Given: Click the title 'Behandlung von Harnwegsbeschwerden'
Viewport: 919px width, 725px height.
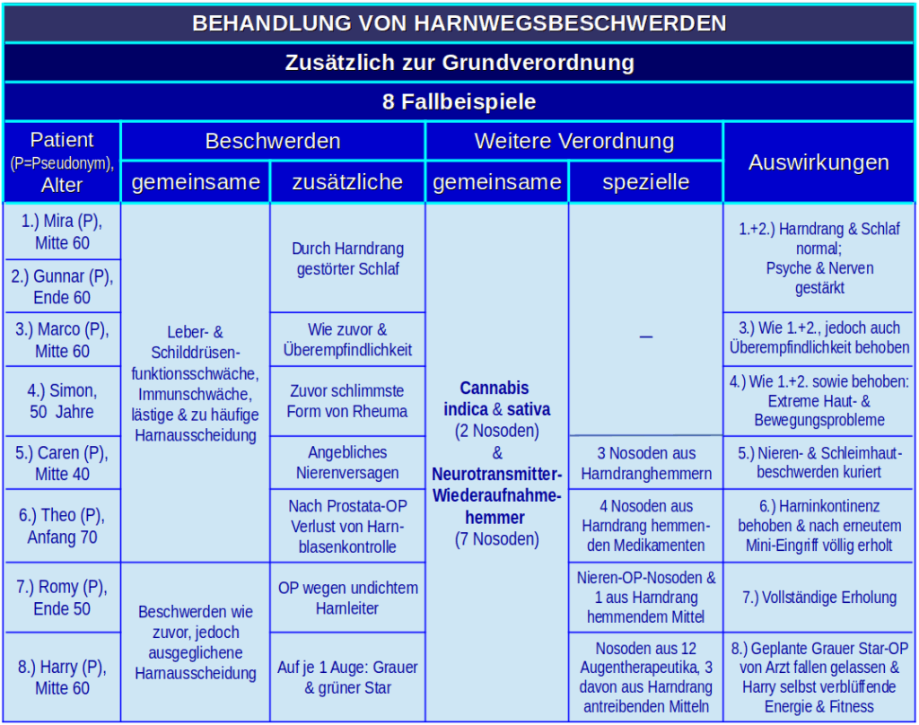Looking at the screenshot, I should pos(459,23).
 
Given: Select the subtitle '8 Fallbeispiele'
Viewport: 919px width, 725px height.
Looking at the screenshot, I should pos(459,101).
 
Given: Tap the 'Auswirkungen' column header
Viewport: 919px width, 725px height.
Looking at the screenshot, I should pos(818,162).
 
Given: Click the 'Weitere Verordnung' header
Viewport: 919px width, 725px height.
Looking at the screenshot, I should pos(573,141).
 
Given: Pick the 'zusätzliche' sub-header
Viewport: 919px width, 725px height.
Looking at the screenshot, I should pos(347,182).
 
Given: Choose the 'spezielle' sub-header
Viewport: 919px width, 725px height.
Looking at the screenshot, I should pos(645,182).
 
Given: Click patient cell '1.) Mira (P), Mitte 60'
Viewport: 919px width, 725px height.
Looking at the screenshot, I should pos(62,232).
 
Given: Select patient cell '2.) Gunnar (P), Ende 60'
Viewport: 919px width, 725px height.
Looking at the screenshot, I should pos(62,287).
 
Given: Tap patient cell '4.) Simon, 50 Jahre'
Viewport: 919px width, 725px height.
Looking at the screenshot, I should pos(62,401).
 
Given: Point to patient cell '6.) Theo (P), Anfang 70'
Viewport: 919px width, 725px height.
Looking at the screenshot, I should pos(62,526).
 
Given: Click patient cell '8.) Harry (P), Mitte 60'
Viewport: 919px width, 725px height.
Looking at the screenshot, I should pos(62,677).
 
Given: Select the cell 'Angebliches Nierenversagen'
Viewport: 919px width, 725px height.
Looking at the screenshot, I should pos(347,463).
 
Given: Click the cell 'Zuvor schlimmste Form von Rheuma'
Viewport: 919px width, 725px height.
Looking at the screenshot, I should pos(347,401).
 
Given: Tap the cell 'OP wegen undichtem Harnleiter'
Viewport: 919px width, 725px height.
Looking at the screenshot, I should pos(347,598).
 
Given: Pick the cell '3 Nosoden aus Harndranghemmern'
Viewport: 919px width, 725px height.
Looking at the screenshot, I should pos(645,463).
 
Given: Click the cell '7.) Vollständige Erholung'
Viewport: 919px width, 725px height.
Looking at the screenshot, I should pos(818,598).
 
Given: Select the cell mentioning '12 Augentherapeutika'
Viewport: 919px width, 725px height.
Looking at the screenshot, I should pos(645,677).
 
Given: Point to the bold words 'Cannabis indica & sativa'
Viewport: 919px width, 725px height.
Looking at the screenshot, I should pos(495,398).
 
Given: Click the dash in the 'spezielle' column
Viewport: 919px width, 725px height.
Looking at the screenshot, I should pos(645,336).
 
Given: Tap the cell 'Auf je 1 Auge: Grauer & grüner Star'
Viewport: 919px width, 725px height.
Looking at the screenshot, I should pos(347,677).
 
